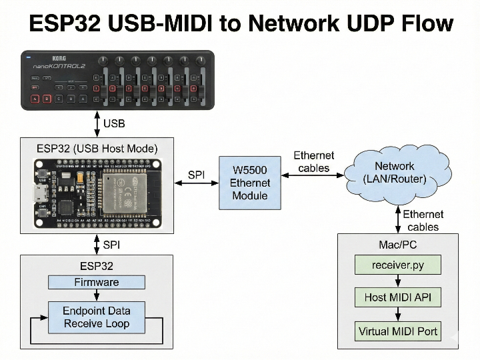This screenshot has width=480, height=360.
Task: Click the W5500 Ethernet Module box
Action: (x=250, y=183)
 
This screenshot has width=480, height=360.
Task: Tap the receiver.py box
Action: (x=397, y=265)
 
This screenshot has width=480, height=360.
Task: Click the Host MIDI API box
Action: (x=397, y=297)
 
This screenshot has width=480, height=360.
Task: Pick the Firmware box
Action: (x=97, y=282)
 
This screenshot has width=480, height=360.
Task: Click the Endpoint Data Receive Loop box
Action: (x=97, y=317)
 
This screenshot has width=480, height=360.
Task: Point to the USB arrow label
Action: (x=114, y=123)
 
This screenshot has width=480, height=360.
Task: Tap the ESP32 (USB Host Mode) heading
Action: (x=97, y=148)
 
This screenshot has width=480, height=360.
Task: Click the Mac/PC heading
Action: (x=397, y=245)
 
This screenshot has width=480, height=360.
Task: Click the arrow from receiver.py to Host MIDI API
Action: (x=397, y=281)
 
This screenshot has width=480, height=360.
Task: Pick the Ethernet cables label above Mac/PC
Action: (x=423, y=221)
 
